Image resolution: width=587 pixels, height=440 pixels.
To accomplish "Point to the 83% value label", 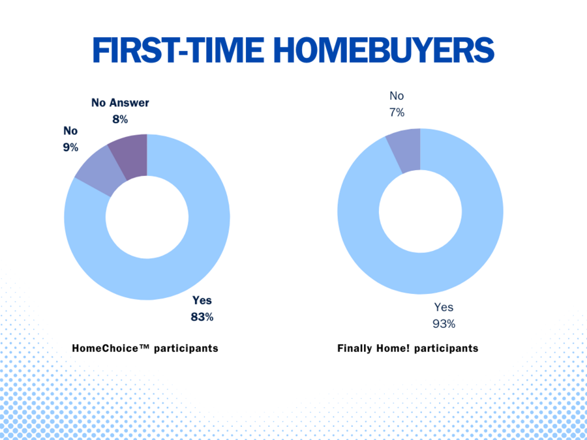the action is coord(202,317).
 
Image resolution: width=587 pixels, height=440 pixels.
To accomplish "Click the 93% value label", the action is coord(444,324).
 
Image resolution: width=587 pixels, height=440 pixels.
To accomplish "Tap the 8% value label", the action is coord(121,119).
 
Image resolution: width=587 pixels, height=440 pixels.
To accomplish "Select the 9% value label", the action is coord(70,147).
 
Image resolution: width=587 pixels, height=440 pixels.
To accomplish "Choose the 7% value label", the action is coord(397,113).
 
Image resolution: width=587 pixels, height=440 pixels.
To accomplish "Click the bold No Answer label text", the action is coord(120,103).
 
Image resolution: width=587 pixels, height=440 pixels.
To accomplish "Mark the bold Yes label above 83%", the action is coord(202,300).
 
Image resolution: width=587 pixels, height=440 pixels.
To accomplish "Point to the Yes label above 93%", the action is coord(444,308).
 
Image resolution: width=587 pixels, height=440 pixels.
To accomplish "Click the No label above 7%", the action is coord(397,96).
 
